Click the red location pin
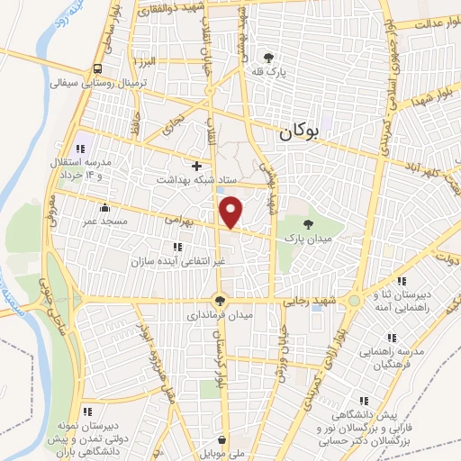(x=231, y=211)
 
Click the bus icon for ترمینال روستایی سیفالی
(x=96, y=69)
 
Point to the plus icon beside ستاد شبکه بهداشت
(x=196, y=166)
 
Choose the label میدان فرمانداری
(x=221, y=316)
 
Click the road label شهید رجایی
(x=309, y=299)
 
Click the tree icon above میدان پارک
(x=309, y=223)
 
